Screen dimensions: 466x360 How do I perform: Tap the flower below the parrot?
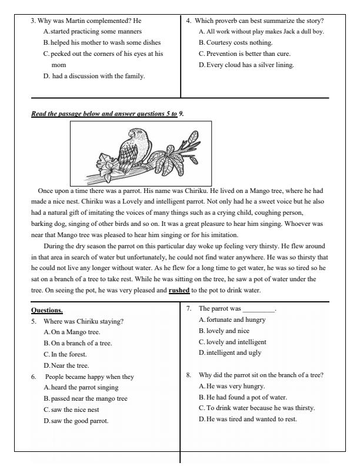click(x=111, y=169)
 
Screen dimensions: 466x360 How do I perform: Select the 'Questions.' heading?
click(x=46, y=309)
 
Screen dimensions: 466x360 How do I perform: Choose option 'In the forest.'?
click(x=67, y=354)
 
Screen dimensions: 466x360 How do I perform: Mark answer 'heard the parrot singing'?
click(x=84, y=387)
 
